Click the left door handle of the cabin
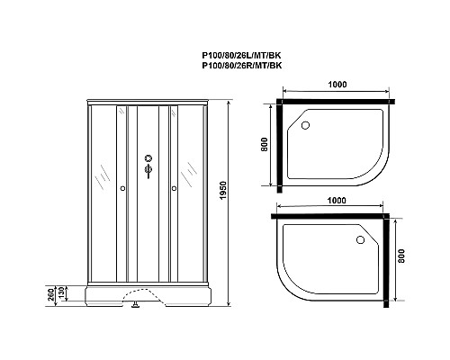point(121,189)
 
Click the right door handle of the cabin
point(173,189)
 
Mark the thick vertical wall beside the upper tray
point(281,148)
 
